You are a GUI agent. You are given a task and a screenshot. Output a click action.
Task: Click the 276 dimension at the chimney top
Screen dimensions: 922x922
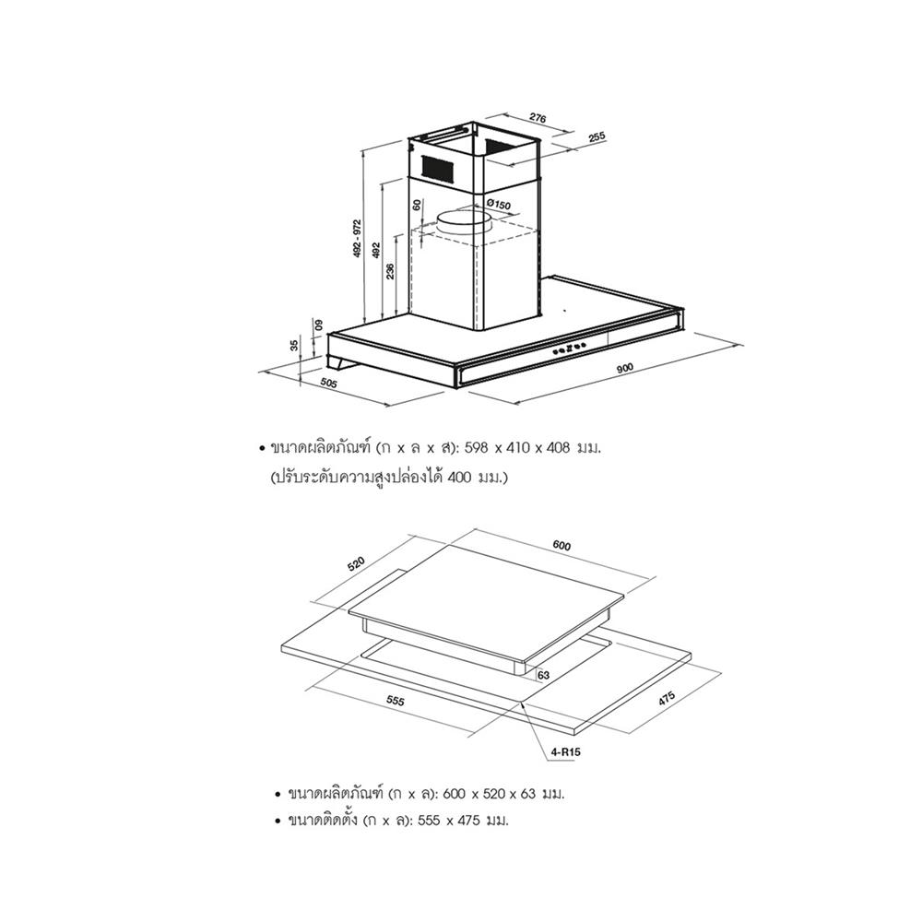click(538, 118)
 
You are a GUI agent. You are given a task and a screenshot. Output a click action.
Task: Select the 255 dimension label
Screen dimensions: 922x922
click(597, 137)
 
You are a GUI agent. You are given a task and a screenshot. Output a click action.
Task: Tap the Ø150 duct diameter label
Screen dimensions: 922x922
click(499, 205)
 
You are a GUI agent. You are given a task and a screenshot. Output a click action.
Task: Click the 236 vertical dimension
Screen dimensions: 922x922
click(390, 271)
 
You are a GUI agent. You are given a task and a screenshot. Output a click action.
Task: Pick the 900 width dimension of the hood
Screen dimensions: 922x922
click(624, 368)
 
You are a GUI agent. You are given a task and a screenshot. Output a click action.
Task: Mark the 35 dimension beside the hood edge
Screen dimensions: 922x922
click(295, 345)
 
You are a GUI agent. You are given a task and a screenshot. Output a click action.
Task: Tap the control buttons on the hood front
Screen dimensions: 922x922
click(570, 349)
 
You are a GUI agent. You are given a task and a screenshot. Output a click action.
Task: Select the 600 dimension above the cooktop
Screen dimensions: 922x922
click(561, 546)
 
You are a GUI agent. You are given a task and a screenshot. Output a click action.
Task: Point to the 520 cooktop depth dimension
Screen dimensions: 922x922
click(356, 563)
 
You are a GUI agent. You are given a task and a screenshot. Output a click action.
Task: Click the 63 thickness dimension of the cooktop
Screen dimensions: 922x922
click(543, 675)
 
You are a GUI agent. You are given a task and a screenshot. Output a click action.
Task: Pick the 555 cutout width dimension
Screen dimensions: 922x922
click(396, 701)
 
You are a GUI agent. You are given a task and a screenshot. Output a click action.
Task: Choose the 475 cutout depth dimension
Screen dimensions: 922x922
click(667, 699)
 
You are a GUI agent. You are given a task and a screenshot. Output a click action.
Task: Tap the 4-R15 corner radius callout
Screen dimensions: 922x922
click(567, 752)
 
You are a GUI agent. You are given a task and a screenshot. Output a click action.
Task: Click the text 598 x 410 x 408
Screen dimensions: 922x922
click(517, 448)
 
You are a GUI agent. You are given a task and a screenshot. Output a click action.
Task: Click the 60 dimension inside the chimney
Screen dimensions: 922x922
click(417, 206)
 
